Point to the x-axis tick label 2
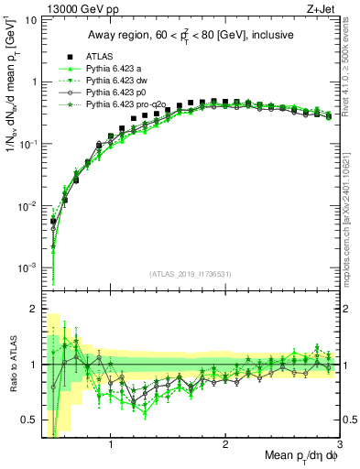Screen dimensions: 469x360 click(225, 446)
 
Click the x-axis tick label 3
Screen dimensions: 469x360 click(339, 446)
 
